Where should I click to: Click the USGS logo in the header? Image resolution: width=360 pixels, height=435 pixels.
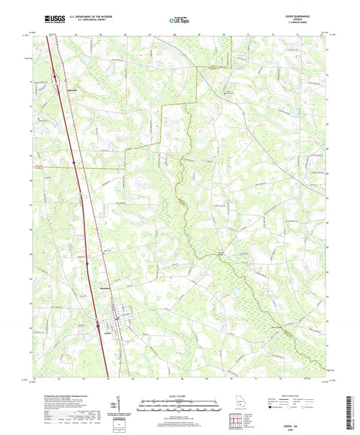pos(53,18)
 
